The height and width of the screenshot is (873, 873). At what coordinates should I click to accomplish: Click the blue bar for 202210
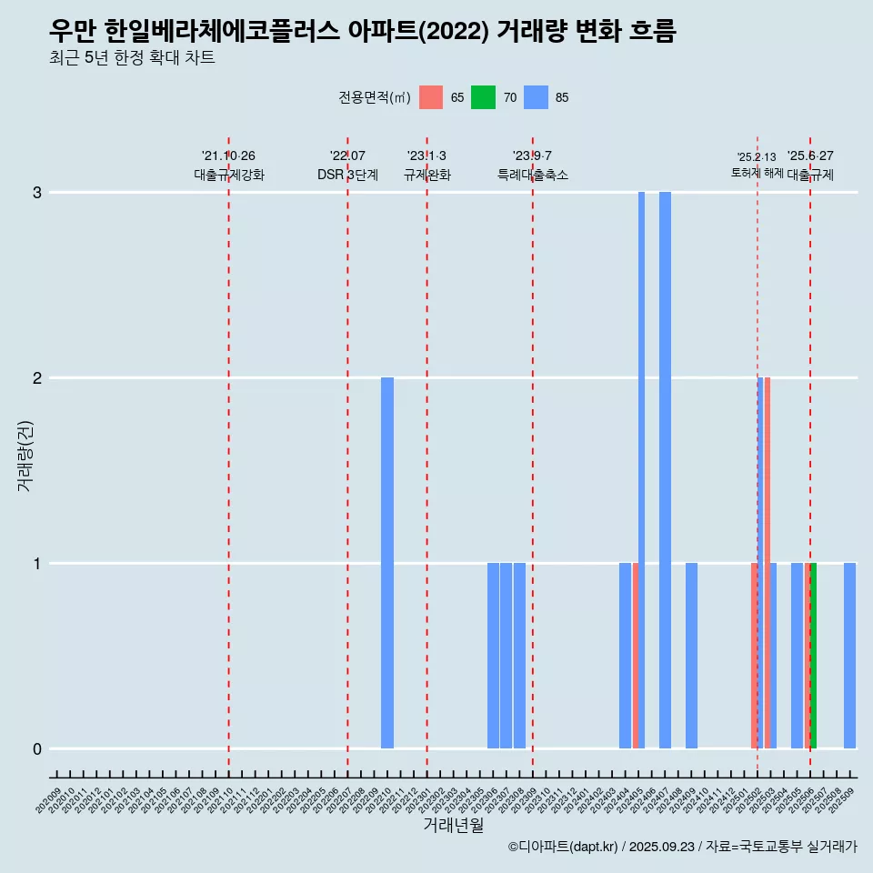(387, 562)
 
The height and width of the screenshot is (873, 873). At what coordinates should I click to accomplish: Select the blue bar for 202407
(665, 469)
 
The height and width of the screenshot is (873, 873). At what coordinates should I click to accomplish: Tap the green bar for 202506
(813, 655)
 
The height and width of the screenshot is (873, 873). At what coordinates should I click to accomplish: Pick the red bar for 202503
(768, 562)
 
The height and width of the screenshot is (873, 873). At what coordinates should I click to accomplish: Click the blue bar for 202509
(849, 655)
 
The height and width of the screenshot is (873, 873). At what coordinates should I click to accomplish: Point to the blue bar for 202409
(691, 655)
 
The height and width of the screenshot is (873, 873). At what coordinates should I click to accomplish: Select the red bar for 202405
(635, 655)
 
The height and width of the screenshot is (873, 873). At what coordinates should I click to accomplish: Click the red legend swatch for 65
(431, 97)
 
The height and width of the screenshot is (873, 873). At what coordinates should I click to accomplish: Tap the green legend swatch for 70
(483, 97)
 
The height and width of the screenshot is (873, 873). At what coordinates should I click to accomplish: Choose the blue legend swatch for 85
(537, 97)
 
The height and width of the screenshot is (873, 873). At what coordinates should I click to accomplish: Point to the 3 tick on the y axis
(37, 192)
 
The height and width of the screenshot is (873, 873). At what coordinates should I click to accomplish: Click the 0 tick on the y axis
(37, 748)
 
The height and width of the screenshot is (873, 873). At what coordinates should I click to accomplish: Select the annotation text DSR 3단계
(347, 175)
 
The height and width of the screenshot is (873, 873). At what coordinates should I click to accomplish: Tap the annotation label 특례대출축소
(532, 175)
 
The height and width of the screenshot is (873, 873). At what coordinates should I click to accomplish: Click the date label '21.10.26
(228, 156)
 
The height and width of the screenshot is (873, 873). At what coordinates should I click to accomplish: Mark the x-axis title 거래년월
(453, 825)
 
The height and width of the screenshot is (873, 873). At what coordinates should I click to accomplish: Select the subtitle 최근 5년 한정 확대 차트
(133, 58)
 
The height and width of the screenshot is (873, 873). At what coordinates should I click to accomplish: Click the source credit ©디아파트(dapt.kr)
(563, 847)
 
